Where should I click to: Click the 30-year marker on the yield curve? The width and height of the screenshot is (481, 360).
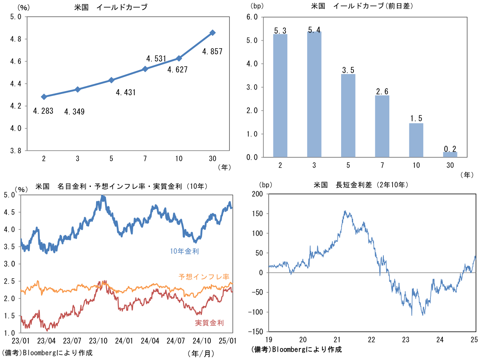(x=212, y=33)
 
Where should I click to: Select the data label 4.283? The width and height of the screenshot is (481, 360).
(x=43, y=111)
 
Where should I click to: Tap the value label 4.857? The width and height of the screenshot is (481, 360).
(x=212, y=51)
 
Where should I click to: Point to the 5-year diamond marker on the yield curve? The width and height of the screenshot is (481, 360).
(x=112, y=80)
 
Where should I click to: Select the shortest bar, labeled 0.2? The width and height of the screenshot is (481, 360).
(x=450, y=154)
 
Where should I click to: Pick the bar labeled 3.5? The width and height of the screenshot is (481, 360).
(x=348, y=115)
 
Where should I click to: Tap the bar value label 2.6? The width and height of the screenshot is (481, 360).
(x=382, y=92)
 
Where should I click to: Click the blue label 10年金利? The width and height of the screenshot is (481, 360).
(x=184, y=251)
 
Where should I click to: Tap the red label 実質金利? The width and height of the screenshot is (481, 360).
(x=209, y=323)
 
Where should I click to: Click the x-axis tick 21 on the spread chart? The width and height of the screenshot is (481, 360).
(x=337, y=340)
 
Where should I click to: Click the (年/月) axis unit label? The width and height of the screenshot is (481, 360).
(x=201, y=353)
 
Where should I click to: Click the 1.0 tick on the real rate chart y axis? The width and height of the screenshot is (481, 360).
(x=11, y=333)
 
